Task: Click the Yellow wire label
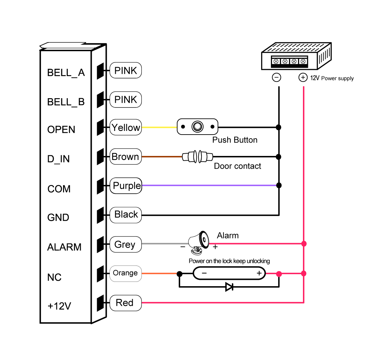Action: [126, 127]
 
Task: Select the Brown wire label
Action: [126, 156]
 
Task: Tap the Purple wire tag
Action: [126, 186]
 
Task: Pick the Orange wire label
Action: [126, 273]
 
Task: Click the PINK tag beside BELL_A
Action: [126, 70]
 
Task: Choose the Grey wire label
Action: [126, 244]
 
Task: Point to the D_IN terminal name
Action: [58, 159]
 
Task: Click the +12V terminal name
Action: [59, 306]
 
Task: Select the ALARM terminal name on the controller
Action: [64, 247]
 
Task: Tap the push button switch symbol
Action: [198, 127]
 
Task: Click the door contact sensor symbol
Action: [198, 156]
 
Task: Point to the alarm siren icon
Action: [199, 243]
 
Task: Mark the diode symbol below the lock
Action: [229, 287]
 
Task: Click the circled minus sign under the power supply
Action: [277, 77]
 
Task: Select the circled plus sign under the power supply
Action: [303, 77]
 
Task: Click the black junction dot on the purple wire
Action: [279, 185]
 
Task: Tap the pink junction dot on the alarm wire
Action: [304, 243]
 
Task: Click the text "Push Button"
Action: [235, 140]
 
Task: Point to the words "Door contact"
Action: [238, 166]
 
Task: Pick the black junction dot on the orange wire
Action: [179, 274]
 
